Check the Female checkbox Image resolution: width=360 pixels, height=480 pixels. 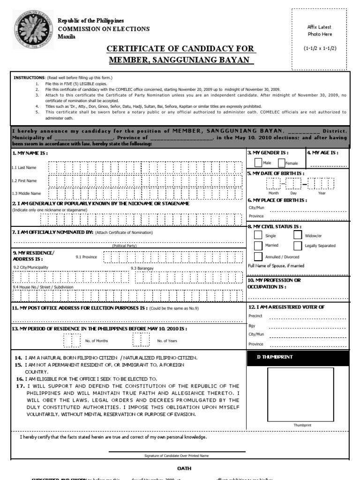click(281, 163)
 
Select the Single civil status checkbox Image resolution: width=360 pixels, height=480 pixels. click(257, 235)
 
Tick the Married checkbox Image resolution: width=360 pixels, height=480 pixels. click(257, 245)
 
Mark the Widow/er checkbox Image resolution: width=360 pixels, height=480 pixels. click(298, 235)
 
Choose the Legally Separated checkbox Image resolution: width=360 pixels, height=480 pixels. click(298, 245)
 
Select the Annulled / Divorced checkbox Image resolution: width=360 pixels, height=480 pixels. click(257, 256)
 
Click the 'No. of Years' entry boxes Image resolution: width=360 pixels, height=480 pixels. click(141, 340)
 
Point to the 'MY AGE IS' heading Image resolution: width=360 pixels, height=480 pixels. click(322, 153)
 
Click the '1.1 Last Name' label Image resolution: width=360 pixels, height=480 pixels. click(24, 167)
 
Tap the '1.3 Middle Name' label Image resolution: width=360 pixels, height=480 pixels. click(26, 193)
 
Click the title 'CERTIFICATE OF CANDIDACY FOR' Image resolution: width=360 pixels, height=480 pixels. click(180, 49)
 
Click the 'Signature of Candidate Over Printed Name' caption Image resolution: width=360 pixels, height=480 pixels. click(177, 455)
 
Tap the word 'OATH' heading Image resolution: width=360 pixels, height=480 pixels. click(184, 468)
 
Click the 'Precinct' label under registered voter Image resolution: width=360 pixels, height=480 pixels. click(255, 316)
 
